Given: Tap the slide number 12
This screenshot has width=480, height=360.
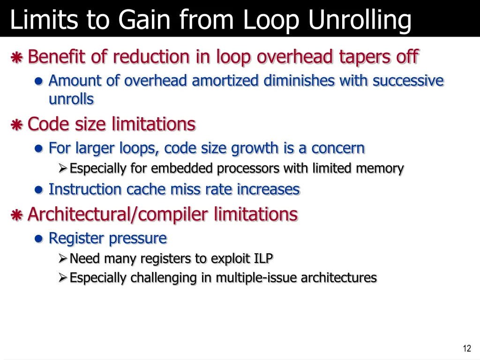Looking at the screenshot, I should pyautogui.click(x=466, y=348).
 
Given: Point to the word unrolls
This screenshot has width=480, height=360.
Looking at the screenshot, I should pyautogui.click(x=71, y=99).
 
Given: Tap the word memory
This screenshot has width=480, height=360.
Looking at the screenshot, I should pyautogui.click(x=380, y=168).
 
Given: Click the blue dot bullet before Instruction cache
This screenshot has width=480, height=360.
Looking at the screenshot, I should pyautogui.click(x=39, y=190).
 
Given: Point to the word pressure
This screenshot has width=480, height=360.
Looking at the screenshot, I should pyautogui.click(x=138, y=238).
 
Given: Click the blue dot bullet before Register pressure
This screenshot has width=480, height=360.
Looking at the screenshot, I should pyautogui.click(x=39, y=239).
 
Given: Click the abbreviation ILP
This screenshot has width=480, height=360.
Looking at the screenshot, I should pyautogui.click(x=264, y=258).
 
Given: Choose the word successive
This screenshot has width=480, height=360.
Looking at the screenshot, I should pyautogui.click(x=408, y=81).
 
